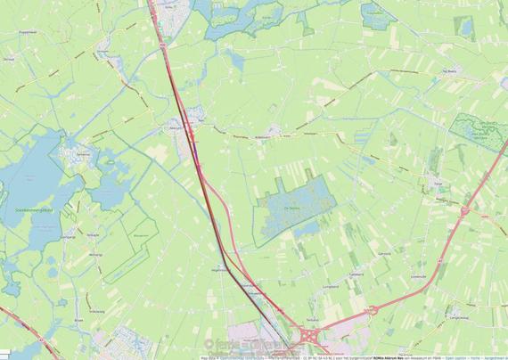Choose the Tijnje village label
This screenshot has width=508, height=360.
[437, 181]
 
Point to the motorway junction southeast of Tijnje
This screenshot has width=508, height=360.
[465, 210]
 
